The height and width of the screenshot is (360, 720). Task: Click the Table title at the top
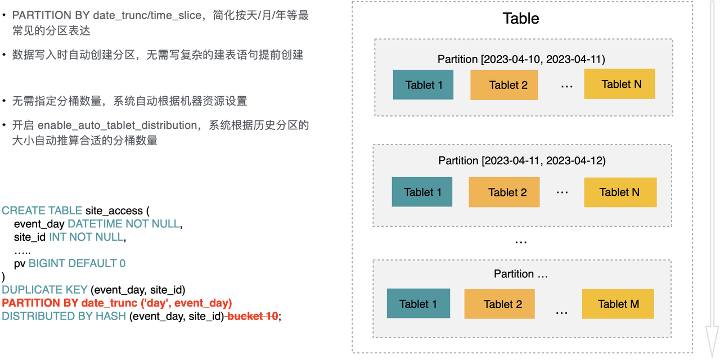521,19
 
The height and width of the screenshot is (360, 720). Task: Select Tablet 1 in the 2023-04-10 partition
423,84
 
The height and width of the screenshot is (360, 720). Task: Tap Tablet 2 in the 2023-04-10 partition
504,85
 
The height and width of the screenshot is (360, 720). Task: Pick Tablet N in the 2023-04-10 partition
619,84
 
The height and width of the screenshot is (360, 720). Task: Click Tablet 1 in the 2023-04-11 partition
422,192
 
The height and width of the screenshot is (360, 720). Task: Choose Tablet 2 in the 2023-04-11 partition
504,192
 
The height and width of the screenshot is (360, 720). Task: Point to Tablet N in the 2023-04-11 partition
620,192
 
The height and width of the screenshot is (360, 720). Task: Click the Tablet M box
618,304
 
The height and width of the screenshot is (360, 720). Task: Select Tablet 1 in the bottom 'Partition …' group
418,303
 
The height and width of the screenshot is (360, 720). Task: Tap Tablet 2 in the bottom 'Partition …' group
499,304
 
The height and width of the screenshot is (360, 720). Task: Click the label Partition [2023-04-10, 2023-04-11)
521,59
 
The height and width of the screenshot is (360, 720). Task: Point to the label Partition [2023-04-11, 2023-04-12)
522,160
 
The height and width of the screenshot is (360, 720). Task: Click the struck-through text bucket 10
253,316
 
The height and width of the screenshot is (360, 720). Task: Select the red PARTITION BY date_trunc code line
116,303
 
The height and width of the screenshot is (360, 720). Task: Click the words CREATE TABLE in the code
42,210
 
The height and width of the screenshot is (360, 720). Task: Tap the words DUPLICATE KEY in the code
44,290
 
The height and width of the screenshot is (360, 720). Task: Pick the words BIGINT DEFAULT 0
77,263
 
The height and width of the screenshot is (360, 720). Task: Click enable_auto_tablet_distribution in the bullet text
118,125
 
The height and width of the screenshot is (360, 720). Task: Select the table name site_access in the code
114,211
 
